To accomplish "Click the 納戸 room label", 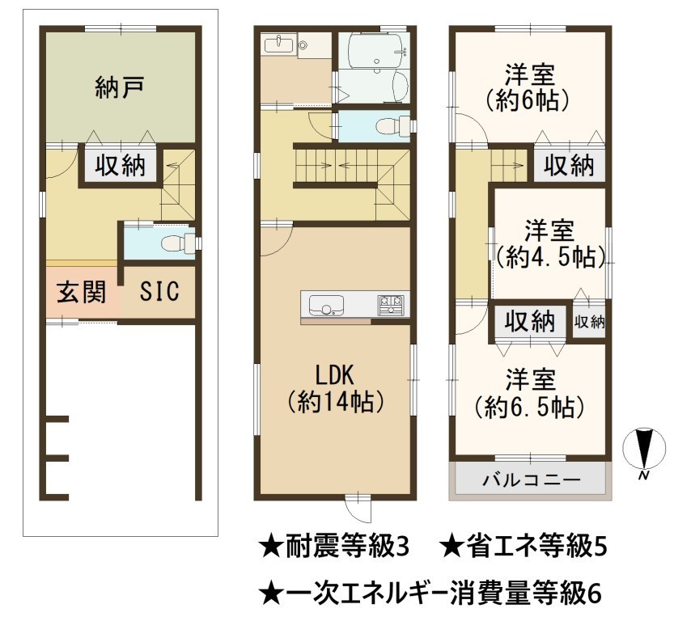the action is coord(119,88).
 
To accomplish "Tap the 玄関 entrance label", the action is coord(81,292).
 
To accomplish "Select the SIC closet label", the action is coord(159,292).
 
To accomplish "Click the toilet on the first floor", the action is coord(178,243).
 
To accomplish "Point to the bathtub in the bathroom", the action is coord(376,51).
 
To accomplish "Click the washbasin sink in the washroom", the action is coord(278,44).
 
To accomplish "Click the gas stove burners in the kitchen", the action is coord(391,305).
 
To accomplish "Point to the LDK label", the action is coord(334,375).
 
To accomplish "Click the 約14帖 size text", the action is coord(335,403).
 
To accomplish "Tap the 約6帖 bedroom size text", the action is coord(528,101).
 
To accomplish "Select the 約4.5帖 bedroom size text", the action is coord(551,258).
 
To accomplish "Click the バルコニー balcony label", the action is coord(532,479).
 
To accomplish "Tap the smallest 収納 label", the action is coord(589,321).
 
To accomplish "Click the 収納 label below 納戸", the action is coord(121,165).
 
